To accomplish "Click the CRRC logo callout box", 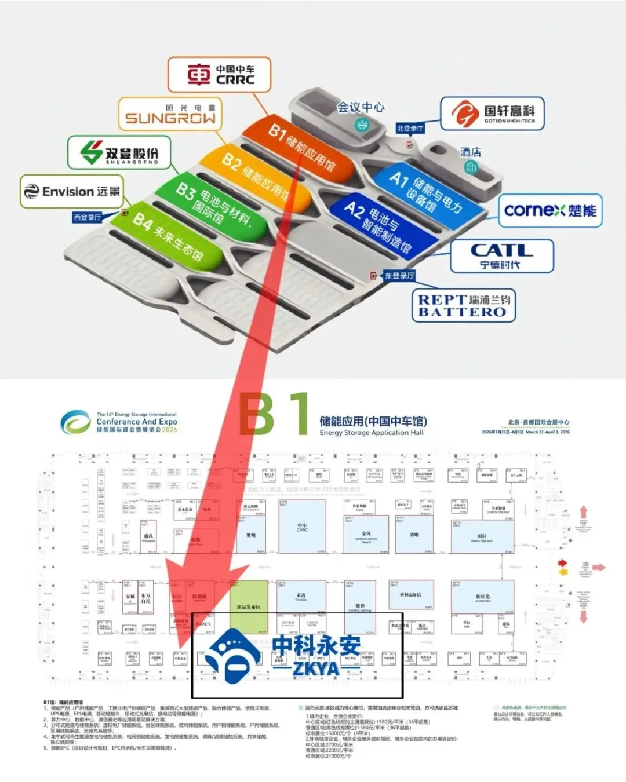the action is coord(220,75).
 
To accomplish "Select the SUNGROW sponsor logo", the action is coord(170,114).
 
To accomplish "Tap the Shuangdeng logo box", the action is coord(119,153).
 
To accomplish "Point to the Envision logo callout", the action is coord(72,191).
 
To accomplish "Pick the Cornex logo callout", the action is coord(549,210).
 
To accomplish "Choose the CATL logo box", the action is coord(501,256).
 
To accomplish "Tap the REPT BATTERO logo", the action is coord(464,305).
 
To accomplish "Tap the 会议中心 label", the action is coord(361,107).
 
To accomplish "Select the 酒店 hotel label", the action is coord(470,152).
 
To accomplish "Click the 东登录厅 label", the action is coord(399,276).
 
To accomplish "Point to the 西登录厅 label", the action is coord(88,217).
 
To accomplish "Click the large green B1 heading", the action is coord(274,415).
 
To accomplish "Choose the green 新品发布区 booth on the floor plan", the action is coord(249,606).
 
